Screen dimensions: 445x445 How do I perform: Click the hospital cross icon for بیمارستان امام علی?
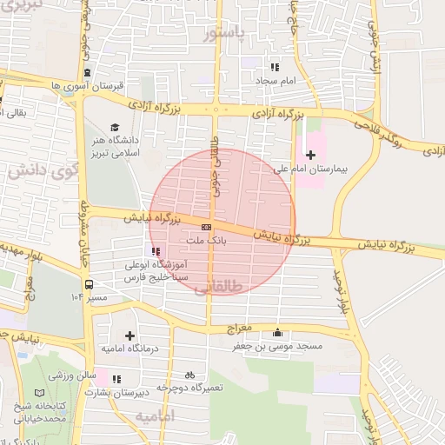click(311, 155)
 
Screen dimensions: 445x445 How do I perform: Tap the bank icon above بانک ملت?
click(206, 227)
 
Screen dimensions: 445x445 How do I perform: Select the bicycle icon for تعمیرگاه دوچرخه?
click(190, 375)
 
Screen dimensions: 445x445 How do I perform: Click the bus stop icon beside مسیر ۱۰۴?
click(89, 284)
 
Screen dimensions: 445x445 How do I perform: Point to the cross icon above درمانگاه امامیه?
click(130, 335)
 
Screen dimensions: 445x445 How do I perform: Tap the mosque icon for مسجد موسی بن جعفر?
click(277, 332)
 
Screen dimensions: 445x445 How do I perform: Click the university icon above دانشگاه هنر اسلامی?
click(116, 125)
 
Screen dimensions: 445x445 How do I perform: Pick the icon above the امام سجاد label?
click(275, 67)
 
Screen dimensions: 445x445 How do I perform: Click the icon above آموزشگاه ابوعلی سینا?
click(156, 251)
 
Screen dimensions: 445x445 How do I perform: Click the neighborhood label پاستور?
click(223, 34)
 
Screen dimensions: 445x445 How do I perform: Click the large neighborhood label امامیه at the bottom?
click(155, 416)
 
